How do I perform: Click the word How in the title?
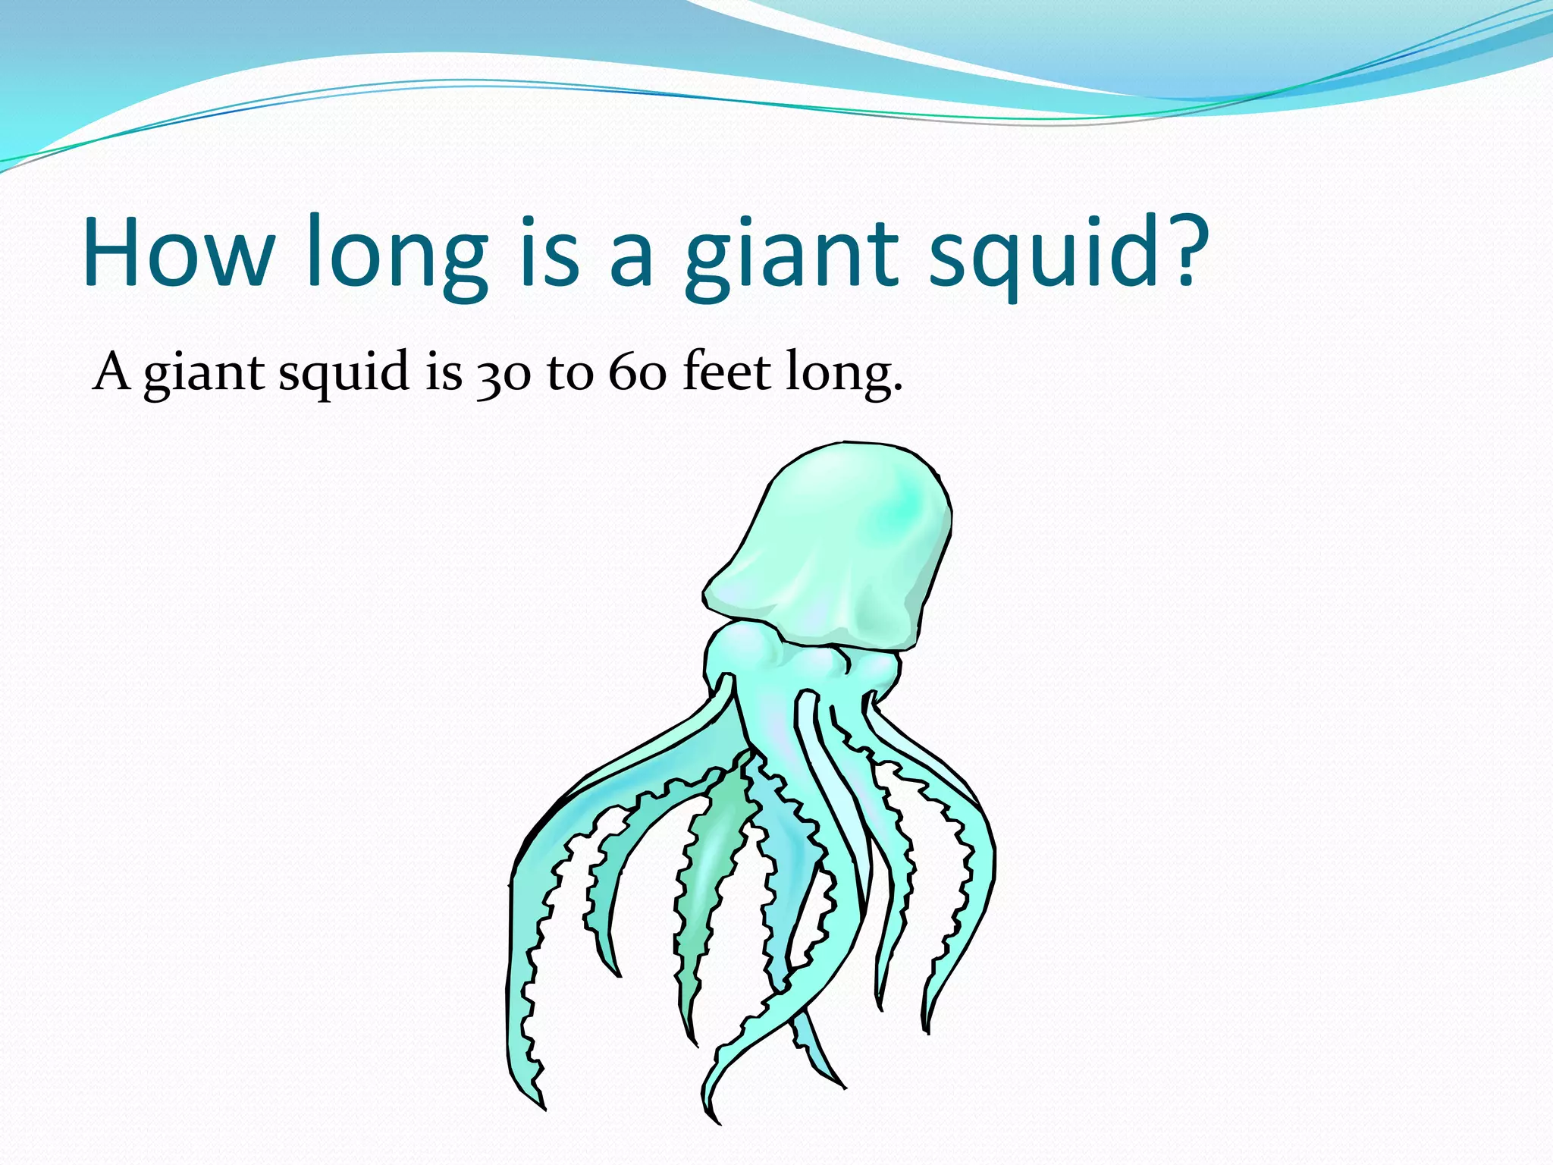coord(179,252)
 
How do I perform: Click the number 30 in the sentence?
coord(504,375)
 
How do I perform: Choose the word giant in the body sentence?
coord(204,375)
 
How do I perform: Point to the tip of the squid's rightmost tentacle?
coord(927,1028)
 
